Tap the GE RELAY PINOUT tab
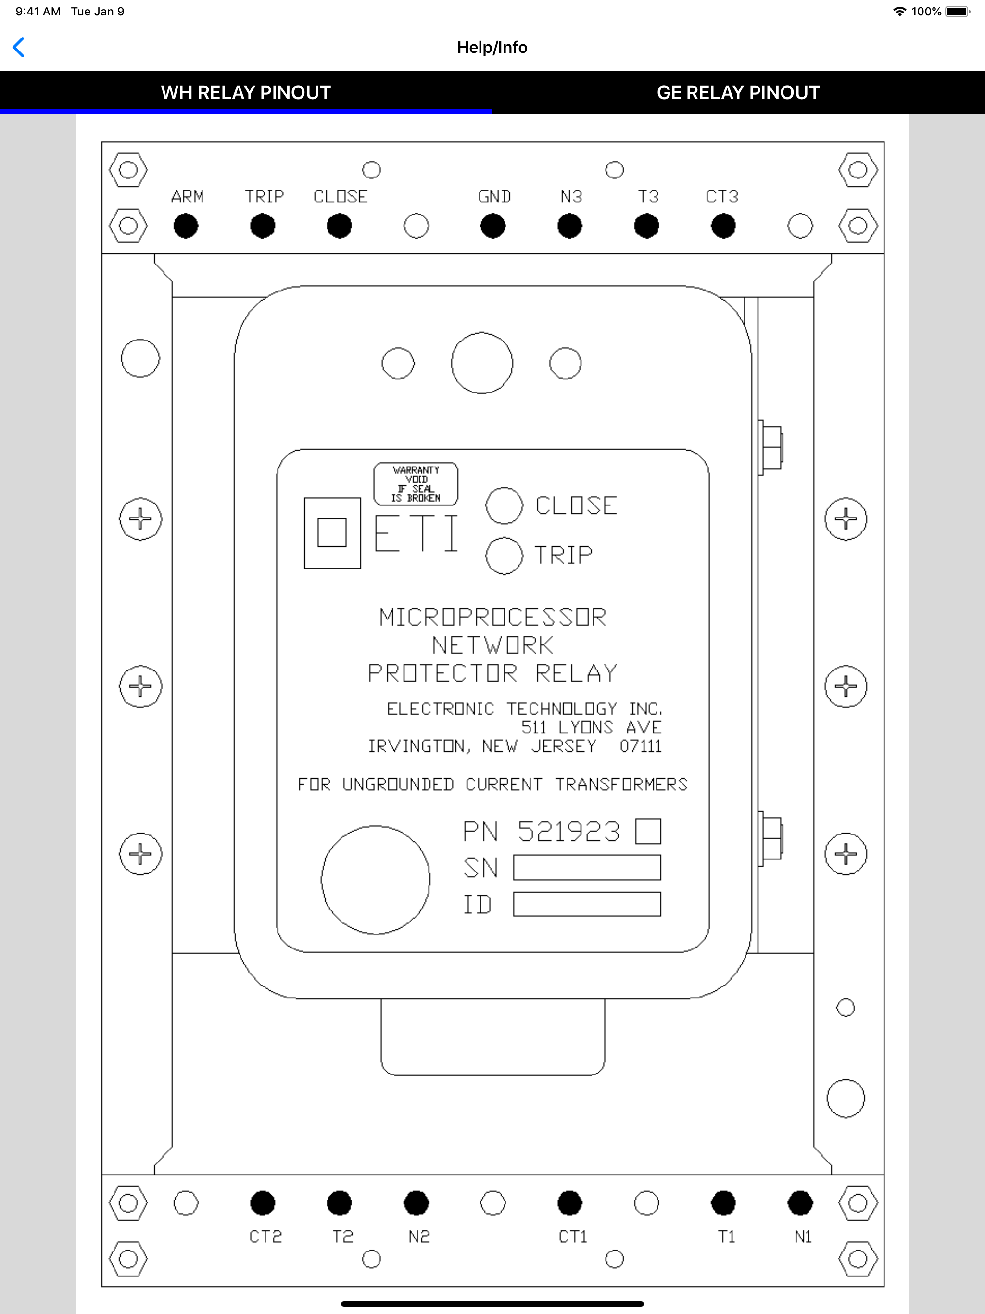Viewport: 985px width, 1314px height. (738, 93)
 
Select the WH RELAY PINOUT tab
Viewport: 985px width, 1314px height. (246, 93)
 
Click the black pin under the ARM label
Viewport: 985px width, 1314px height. (186, 226)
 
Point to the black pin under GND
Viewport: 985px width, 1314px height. (493, 226)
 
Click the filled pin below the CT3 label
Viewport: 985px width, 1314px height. (723, 226)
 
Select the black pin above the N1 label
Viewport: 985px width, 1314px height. (800, 1203)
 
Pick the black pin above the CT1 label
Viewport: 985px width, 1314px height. (570, 1203)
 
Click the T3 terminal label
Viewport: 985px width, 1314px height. (648, 197)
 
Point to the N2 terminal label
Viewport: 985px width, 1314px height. (419, 1237)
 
